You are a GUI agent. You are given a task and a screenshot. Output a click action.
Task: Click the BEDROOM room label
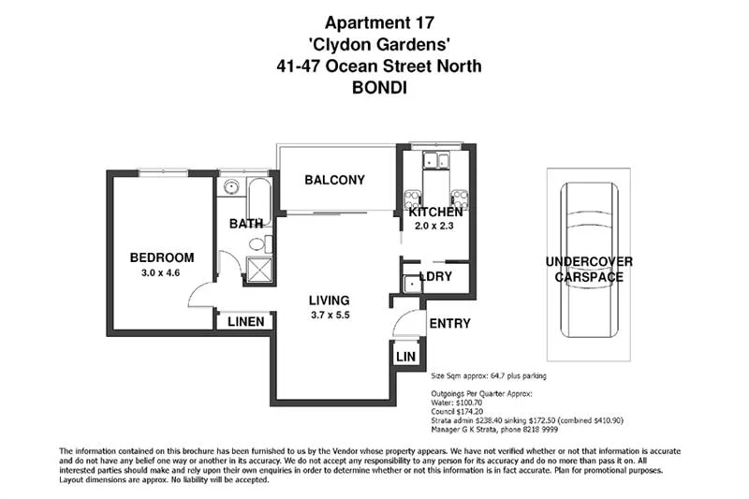click(162, 257)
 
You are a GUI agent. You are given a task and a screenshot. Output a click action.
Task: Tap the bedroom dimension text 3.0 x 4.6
click(162, 273)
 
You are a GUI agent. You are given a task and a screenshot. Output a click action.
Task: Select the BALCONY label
click(334, 181)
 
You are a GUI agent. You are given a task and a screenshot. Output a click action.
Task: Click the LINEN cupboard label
click(245, 322)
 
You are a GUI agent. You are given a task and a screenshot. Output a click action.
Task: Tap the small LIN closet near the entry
click(405, 357)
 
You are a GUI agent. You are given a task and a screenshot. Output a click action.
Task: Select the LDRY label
click(436, 277)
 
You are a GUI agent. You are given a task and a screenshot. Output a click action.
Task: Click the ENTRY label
click(448, 324)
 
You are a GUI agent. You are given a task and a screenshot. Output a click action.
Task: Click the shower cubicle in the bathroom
click(256, 271)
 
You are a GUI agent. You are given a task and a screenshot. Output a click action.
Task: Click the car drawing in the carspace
click(589, 253)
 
